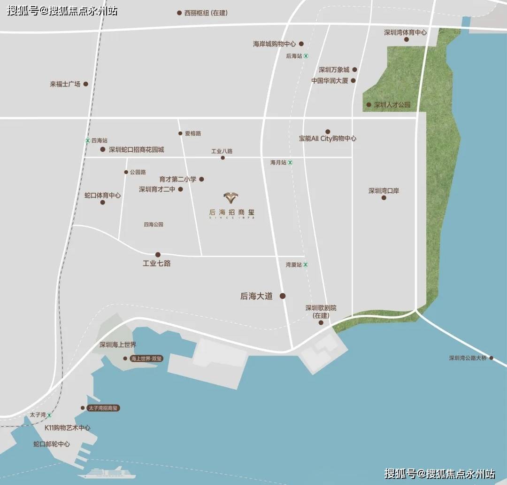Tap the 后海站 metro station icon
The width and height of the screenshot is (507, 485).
click(306, 56)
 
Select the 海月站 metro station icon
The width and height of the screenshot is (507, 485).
click(290, 163)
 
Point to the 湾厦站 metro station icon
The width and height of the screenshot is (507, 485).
click(306, 265)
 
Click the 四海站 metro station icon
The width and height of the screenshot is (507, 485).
click(87, 141)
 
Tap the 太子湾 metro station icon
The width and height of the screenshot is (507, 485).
click(49, 415)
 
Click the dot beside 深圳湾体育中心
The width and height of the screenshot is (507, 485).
click(407, 39)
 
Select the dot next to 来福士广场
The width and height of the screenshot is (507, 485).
click(85, 85)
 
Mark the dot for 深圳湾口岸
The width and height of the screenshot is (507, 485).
click(384, 198)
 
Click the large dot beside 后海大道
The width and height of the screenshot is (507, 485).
click(283, 296)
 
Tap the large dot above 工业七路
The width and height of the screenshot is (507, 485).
click(158, 255)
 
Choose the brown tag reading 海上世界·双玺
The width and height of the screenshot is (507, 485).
click(146, 359)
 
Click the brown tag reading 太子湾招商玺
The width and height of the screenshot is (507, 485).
click(103, 408)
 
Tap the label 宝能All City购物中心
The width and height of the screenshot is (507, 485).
click(328, 139)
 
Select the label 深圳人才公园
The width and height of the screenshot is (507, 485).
click(392, 105)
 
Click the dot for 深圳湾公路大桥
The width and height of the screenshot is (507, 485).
click(492, 358)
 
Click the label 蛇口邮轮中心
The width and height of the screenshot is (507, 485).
click(52, 444)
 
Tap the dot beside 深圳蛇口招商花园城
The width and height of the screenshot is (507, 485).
click(103, 149)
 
